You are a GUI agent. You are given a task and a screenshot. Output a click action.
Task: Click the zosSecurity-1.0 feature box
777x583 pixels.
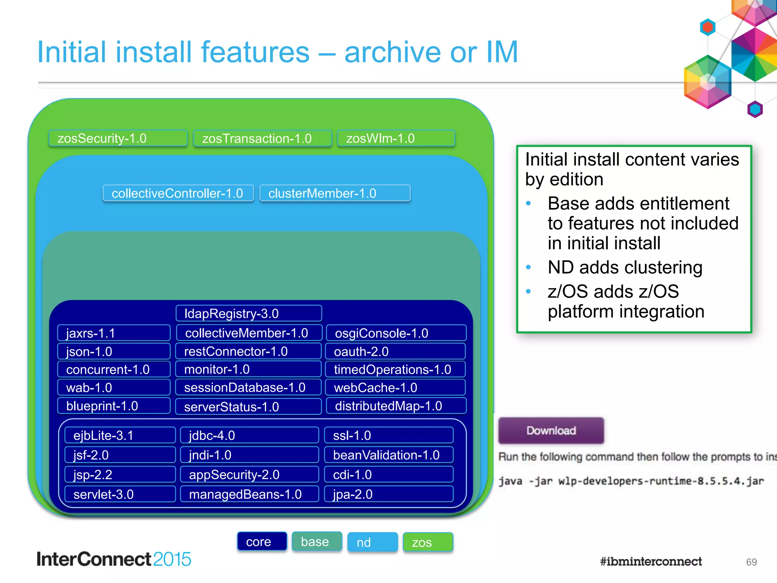[118, 138]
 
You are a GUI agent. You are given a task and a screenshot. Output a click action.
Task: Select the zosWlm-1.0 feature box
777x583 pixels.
[396, 138]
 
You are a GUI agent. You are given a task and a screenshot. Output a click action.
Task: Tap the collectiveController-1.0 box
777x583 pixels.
[178, 193]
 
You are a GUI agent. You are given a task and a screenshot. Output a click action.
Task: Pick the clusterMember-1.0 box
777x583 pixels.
[335, 193]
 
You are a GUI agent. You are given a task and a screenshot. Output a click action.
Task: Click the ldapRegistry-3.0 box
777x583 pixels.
[249, 314]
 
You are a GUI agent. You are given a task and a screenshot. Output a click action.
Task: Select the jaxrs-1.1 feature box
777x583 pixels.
[113, 333]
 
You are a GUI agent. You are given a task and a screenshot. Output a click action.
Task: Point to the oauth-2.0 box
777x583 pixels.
[395, 351]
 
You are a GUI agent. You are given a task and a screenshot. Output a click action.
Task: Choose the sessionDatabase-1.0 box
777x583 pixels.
[248, 388]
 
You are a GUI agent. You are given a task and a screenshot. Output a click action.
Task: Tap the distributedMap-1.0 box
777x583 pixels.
[396, 406]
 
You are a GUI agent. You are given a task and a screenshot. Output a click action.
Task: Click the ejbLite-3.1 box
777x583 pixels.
[120, 435]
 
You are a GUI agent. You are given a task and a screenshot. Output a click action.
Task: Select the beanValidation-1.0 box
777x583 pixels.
[389, 455]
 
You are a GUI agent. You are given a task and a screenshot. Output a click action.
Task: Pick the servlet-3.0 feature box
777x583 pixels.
[120, 494]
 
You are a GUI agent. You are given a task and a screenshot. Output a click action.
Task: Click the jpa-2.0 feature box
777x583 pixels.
[389, 494]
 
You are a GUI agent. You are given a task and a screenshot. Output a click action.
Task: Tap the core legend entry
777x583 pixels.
[262, 542]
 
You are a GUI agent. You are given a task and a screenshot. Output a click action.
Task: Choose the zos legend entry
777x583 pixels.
[428, 542]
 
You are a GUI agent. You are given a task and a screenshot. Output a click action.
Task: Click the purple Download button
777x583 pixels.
[551, 430]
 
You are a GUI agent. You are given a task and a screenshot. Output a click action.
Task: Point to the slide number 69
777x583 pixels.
[751, 562]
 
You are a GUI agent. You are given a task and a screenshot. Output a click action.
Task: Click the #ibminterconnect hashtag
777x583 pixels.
[651, 561]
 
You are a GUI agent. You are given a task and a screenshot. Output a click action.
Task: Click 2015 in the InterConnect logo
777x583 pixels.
[172, 559]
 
